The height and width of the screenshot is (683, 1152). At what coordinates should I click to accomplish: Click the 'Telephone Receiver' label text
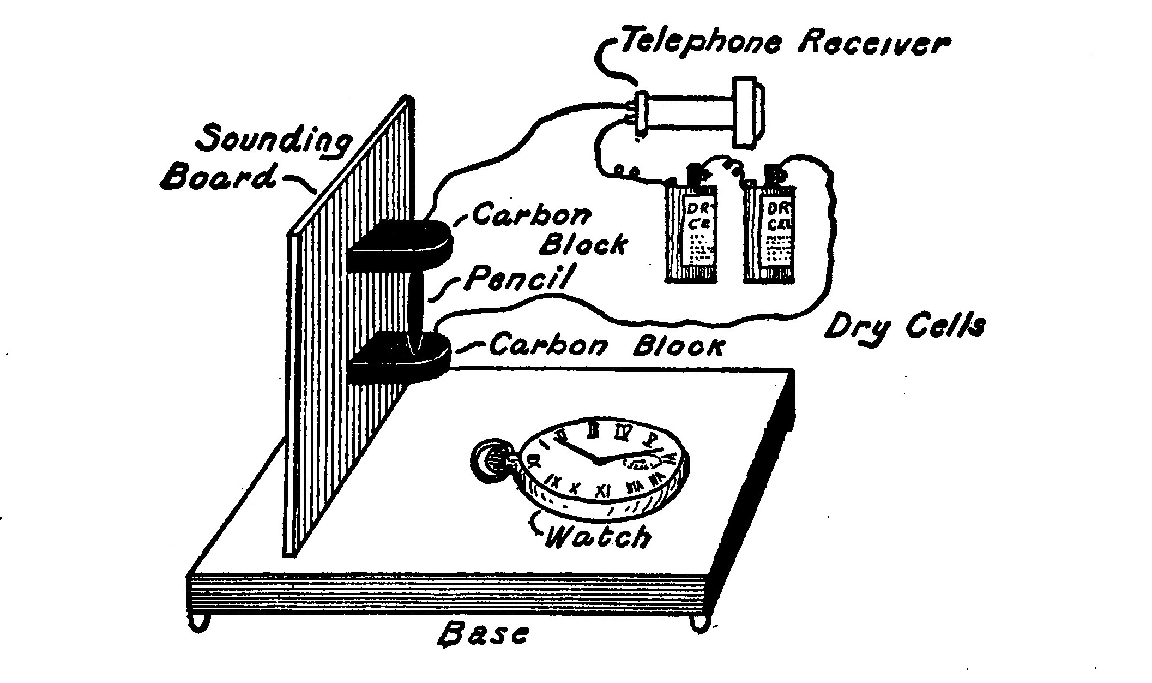coord(785,41)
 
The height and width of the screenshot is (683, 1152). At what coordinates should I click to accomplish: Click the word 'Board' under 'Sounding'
coord(218,177)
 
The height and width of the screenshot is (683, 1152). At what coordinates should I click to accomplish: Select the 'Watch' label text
coord(598,537)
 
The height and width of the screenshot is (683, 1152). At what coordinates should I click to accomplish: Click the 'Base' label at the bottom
coord(484,634)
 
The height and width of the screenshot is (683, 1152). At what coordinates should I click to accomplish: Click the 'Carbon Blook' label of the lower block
coord(605,346)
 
